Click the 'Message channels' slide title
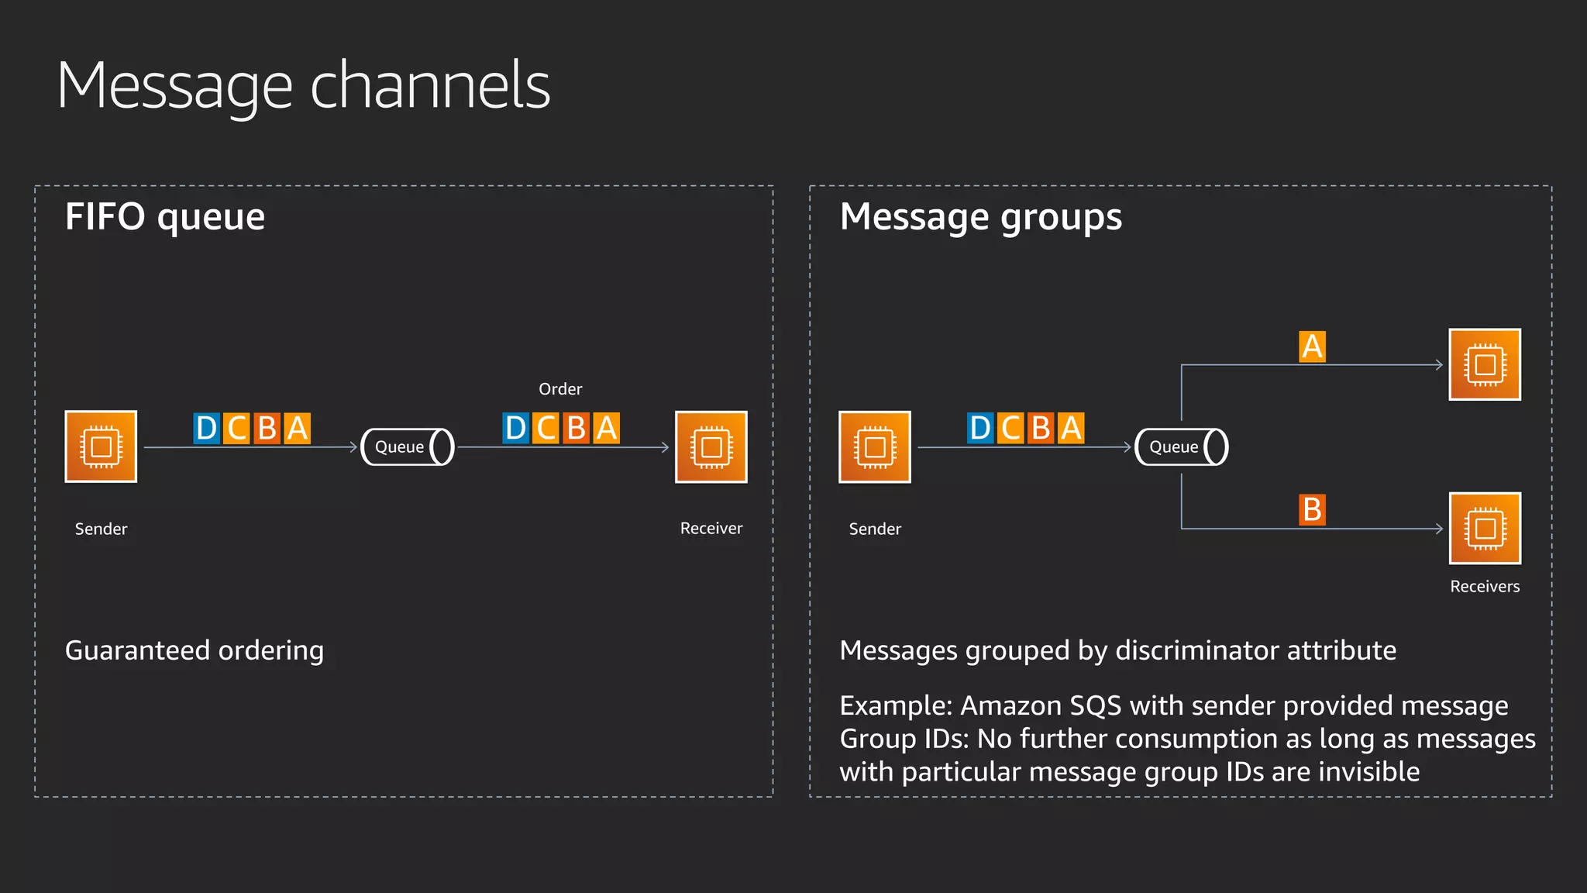point(303,85)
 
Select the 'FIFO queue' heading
point(165,217)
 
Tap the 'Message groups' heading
point(980,217)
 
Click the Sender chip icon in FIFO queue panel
point(101,446)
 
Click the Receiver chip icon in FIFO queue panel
point(711,446)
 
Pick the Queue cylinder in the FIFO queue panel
point(408,446)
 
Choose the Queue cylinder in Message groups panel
point(1181,446)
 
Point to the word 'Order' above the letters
point(560,389)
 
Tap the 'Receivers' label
point(1485,587)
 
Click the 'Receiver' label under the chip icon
point(711,529)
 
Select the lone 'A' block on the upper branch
point(1312,347)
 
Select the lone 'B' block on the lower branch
point(1312,510)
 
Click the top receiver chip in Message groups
point(1485,364)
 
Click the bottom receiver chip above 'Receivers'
point(1485,529)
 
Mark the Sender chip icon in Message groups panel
point(874,446)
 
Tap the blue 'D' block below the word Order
point(515,428)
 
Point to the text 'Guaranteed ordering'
point(195,650)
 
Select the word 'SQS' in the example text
point(1095,706)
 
